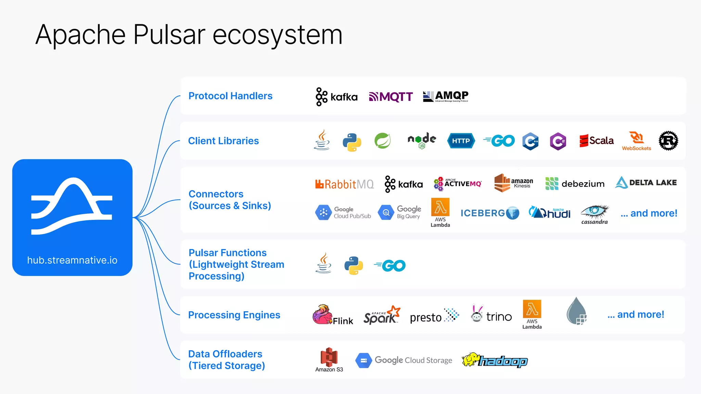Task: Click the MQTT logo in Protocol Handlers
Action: [x=391, y=97]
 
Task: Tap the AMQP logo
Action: [x=446, y=96]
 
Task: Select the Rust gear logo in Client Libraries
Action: [x=668, y=141]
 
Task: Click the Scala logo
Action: [x=596, y=141]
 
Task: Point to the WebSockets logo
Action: [x=637, y=141]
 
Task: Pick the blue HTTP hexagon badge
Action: [x=461, y=141]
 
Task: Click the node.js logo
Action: [x=422, y=141]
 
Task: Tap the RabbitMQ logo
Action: [x=344, y=184]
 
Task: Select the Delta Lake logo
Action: [x=646, y=183]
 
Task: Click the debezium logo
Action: [x=575, y=184]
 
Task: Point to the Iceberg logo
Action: [x=489, y=213]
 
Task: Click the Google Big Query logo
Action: [x=399, y=212]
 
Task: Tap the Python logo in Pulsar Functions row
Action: [x=354, y=266]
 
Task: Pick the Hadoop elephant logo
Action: [x=495, y=360]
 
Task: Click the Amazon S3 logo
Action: [x=329, y=359]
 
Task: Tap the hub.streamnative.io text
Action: [x=72, y=260]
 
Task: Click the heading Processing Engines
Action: [x=234, y=315]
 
